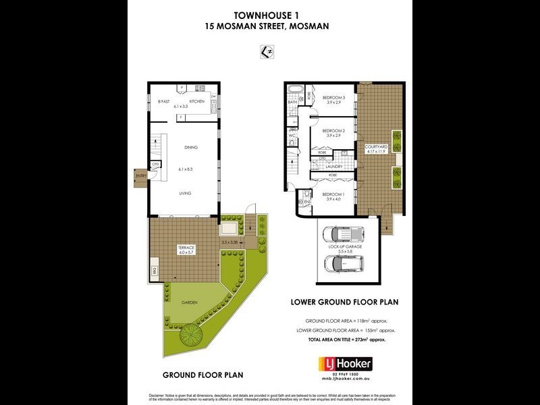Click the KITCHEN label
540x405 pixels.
(196, 101)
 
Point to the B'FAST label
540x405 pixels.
(163, 101)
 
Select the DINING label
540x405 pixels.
(191, 147)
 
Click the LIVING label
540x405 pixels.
(185, 193)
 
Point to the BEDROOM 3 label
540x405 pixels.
(333, 97)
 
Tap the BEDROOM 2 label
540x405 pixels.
(333, 130)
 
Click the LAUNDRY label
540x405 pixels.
(335, 166)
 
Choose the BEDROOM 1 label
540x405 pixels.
(333, 194)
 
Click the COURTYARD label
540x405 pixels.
(375, 146)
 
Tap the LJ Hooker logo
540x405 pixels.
(344, 364)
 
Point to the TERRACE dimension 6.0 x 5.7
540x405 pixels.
(187, 252)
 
